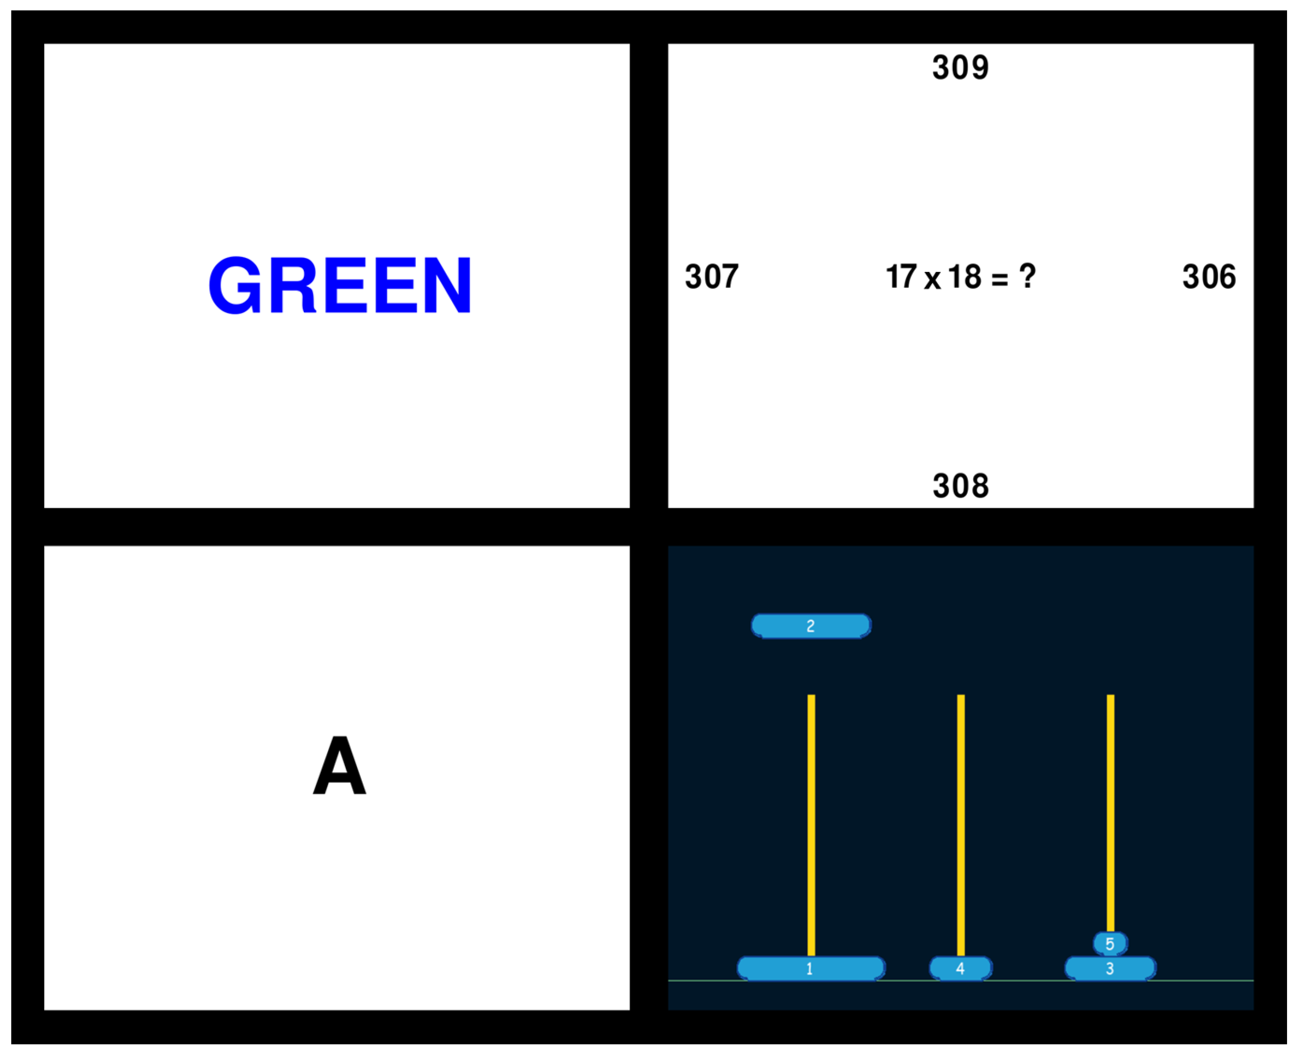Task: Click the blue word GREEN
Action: tap(339, 285)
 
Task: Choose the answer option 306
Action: tap(1208, 277)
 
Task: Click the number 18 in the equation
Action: tap(964, 277)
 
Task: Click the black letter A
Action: tap(339, 765)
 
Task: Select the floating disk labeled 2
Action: tap(810, 626)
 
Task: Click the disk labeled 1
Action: tap(810, 969)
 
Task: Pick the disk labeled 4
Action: tap(960, 969)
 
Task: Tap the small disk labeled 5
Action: tap(1110, 943)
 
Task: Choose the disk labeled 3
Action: tap(1110, 969)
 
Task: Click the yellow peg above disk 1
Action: tap(811, 821)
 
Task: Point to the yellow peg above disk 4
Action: tap(961, 821)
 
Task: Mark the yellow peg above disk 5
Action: tap(1110, 809)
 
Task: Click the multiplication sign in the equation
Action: tap(932, 280)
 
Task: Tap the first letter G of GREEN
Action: tap(235, 285)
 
